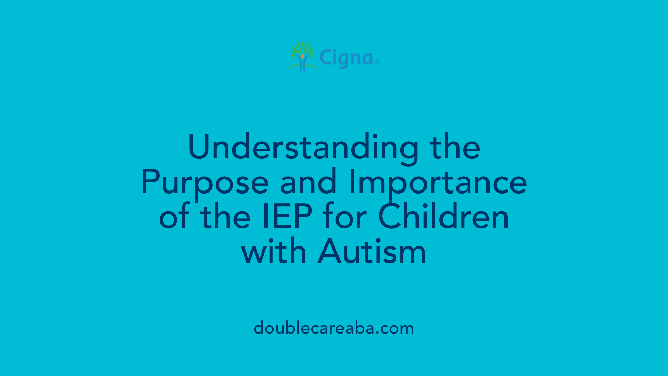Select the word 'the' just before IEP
225,217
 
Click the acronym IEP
287,217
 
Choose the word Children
444,217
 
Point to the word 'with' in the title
274,251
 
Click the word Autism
372,251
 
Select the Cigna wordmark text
346,58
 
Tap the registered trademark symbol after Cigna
377,62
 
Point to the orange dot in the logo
302,56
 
